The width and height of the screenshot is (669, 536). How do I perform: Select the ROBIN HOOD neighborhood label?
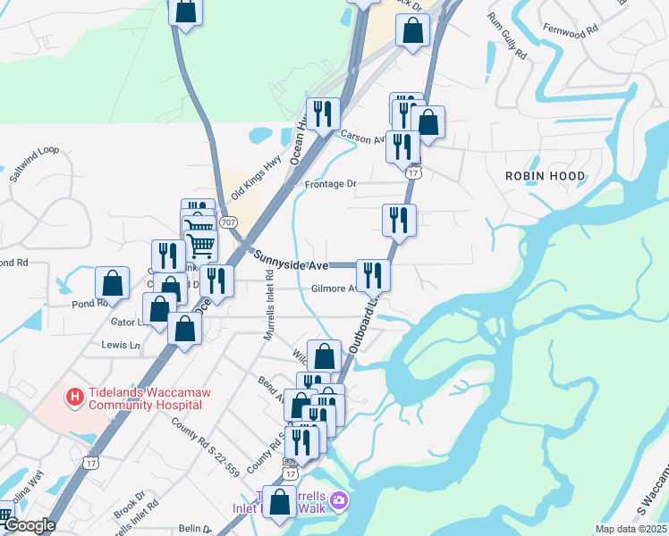545,177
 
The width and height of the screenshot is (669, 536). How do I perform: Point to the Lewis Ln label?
121,345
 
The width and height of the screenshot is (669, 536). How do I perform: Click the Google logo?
30,525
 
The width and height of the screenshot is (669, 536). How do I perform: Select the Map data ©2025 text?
631,529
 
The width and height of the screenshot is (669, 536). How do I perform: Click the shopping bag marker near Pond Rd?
113,284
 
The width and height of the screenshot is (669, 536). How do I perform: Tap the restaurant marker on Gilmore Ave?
372,276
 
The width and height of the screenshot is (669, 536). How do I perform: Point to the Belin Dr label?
197,530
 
